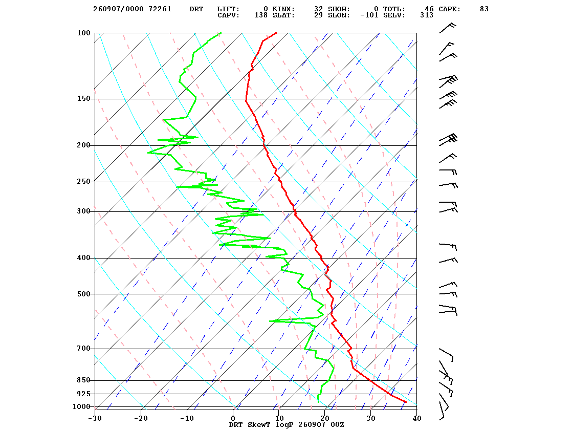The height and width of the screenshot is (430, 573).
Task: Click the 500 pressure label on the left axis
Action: tap(83, 294)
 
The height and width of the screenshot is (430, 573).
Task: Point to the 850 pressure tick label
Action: tap(83, 380)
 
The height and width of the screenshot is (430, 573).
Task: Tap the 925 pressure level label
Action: tap(83, 394)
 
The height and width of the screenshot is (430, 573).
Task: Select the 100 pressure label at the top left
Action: tap(83, 33)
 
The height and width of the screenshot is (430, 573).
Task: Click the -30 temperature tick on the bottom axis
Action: tap(95, 418)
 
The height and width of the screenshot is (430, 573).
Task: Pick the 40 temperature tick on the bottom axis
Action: tap(417, 418)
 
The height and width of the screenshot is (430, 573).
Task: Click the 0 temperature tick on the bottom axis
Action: tap(233, 418)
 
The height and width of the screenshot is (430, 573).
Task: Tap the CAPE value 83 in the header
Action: tap(484, 9)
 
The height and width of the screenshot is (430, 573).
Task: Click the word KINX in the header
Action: tap(283, 9)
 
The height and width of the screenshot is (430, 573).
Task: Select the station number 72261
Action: tap(160, 9)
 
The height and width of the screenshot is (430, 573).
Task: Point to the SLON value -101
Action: tap(369, 15)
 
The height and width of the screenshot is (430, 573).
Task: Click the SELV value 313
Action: tap(427, 15)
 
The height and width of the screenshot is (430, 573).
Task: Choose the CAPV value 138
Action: tap(261, 15)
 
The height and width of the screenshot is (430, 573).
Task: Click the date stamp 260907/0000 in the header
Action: tap(118, 9)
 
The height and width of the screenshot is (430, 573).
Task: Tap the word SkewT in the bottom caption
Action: tap(259, 424)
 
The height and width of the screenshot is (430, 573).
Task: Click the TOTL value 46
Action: tap(429, 9)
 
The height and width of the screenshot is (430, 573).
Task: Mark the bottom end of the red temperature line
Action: tap(406, 402)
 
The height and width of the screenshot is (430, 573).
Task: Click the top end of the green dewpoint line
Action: tap(221, 33)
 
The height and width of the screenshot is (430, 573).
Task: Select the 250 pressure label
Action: tap(83, 182)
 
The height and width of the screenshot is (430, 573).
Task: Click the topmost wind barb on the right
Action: tap(447, 28)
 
